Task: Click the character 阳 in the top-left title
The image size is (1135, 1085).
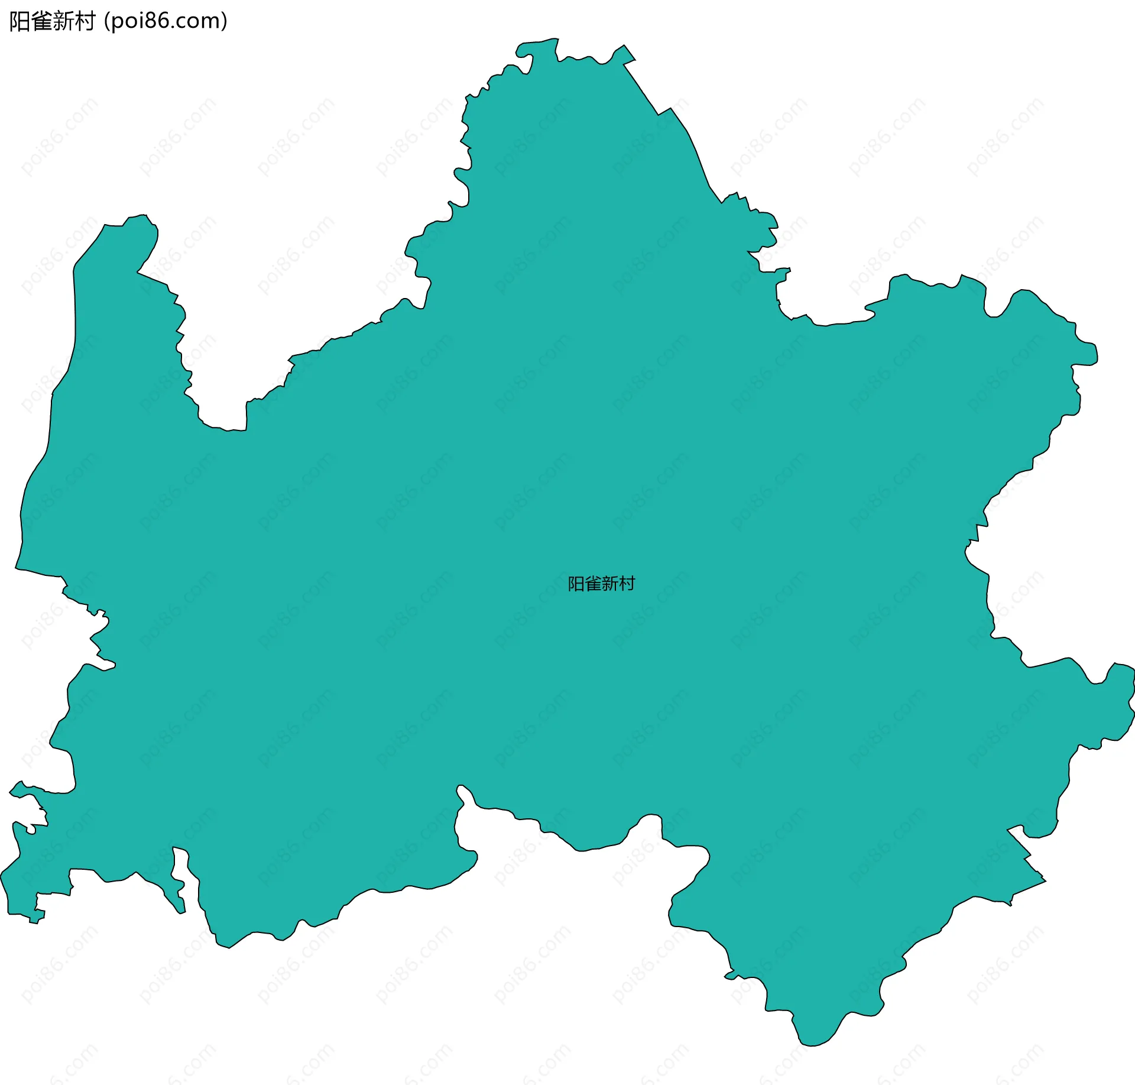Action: [x=20, y=21]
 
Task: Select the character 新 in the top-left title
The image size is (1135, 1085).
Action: [x=63, y=21]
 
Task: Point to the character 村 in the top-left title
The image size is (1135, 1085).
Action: [x=85, y=21]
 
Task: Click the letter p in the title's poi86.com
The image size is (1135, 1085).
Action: [x=117, y=22]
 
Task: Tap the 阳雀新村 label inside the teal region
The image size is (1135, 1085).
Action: [x=601, y=584]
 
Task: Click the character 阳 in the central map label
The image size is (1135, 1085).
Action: [x=576, y=584]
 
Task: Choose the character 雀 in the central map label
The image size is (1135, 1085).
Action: [x=593, y=584]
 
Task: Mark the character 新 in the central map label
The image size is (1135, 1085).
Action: [x=610, y=584]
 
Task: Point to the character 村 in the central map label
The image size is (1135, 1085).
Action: [x=627, y=584]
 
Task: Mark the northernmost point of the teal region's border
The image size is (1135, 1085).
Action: [x=556, y=39]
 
